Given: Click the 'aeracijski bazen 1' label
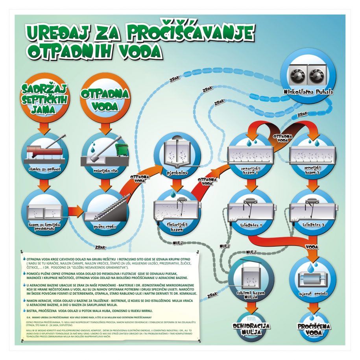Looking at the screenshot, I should tap(249, 170).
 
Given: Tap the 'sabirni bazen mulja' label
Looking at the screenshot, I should tap(248, 295).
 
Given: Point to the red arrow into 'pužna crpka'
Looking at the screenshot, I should tap(74, 213).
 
